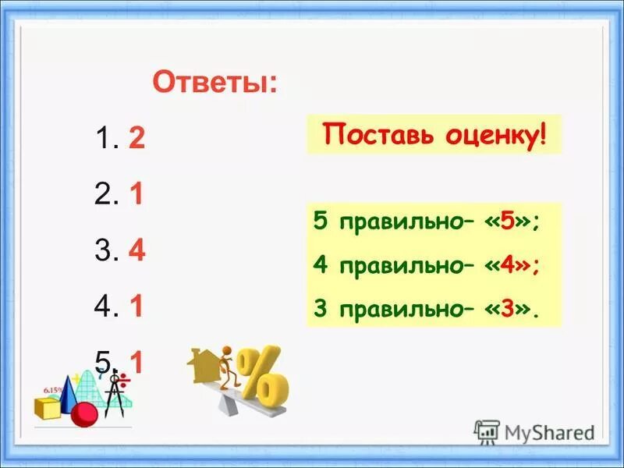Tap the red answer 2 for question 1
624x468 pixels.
coord(136,139)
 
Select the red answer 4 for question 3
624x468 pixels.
coord(137,251)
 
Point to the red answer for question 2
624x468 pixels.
coord(136,195)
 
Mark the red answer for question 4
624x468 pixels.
coord(136,307)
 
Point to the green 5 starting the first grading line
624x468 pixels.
coord(320,222)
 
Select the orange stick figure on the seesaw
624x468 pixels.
coord(227,367)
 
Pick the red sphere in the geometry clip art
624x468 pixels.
coord(84,414)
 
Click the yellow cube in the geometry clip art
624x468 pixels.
coord(47,407)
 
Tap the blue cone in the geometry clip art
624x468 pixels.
coord(69,393)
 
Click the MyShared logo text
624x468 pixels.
coord(548,431)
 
